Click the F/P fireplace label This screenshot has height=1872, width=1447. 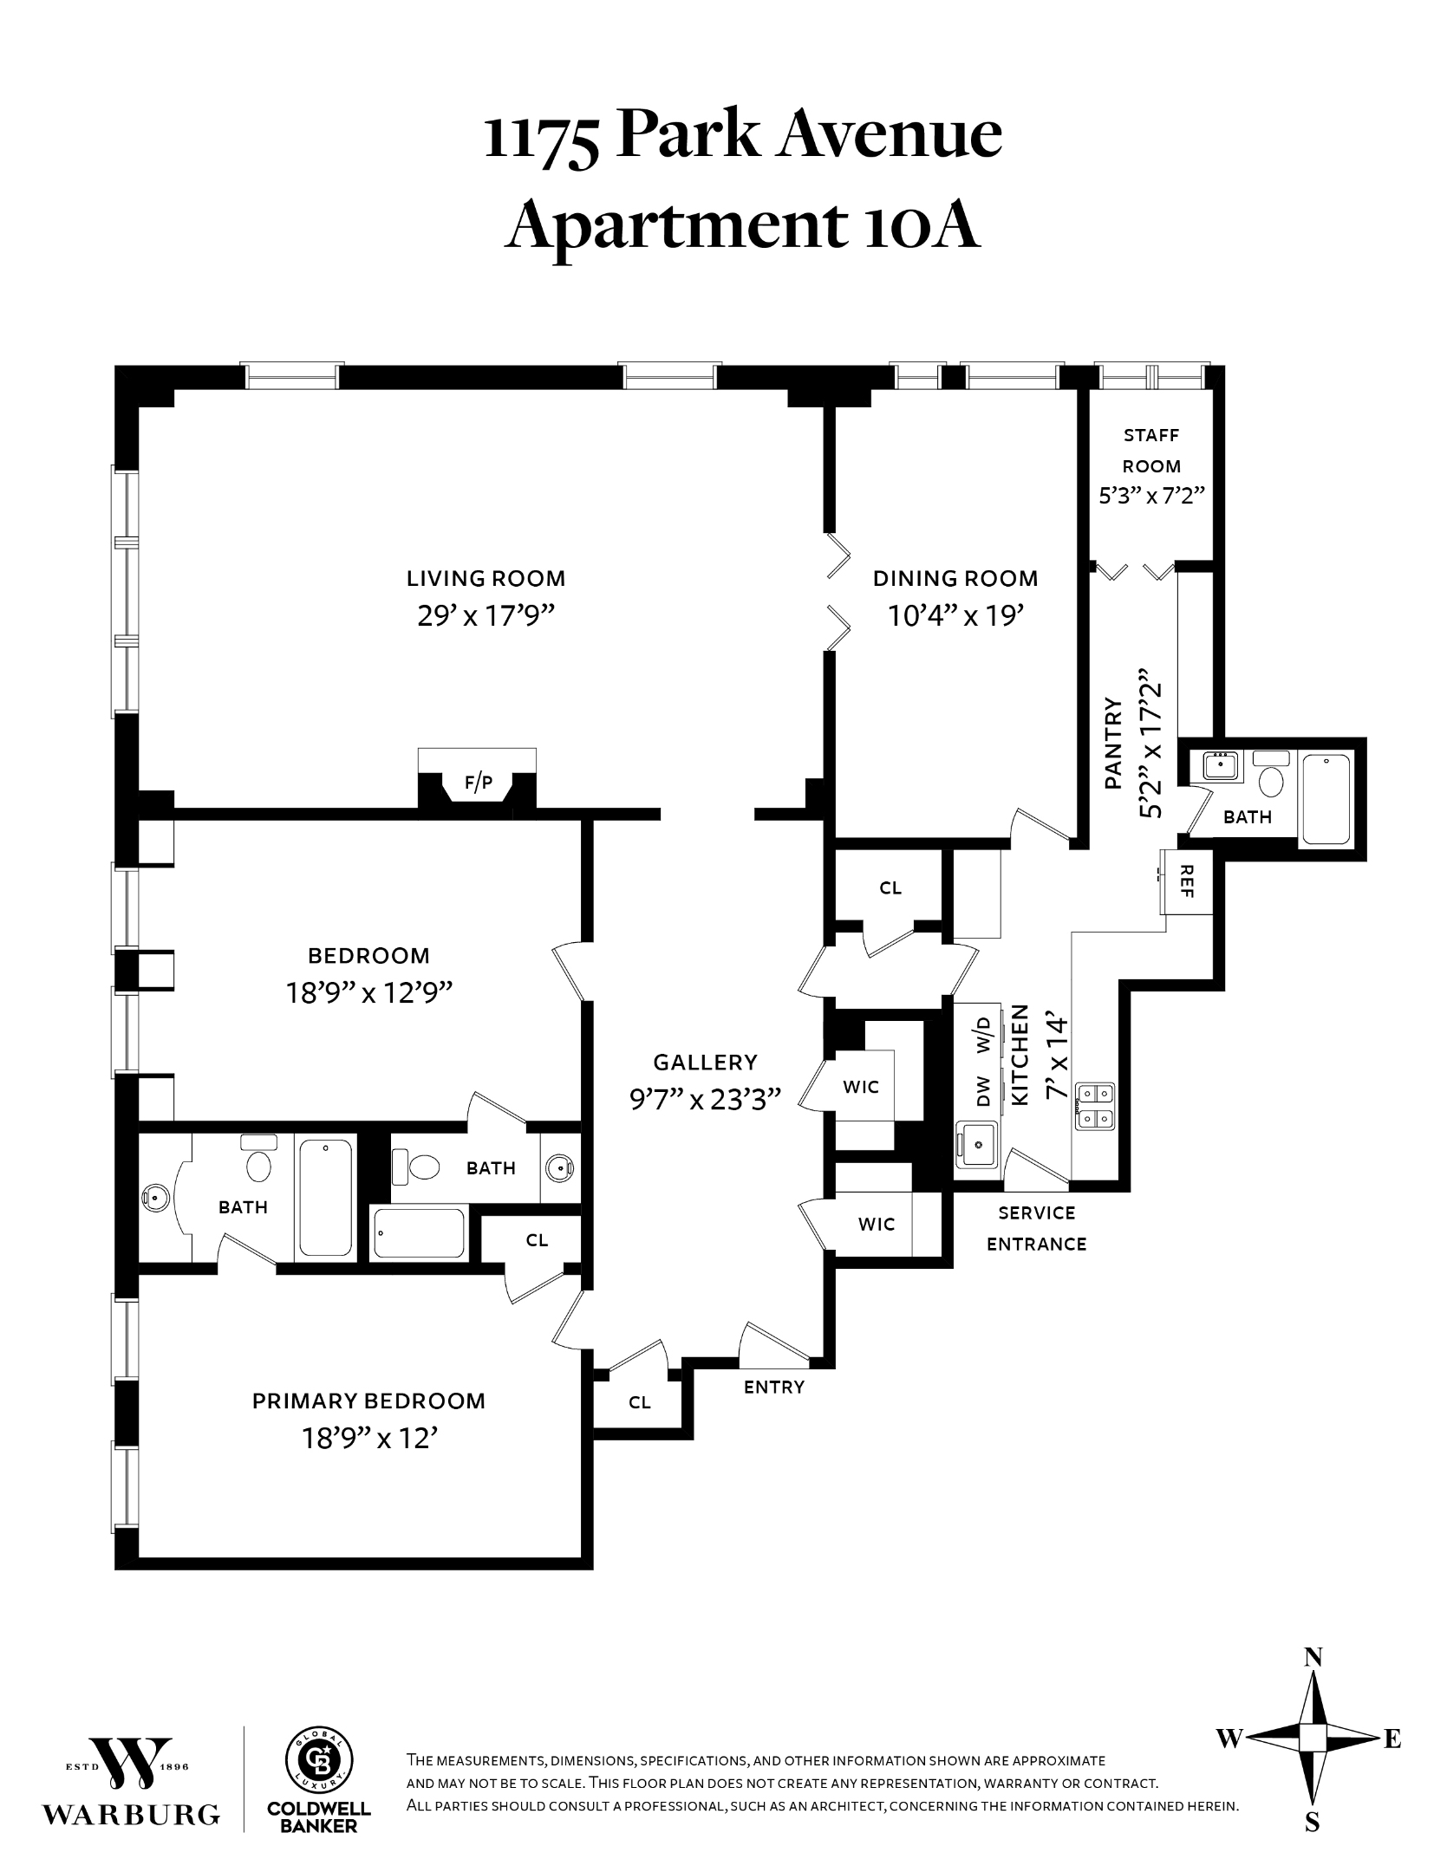478,783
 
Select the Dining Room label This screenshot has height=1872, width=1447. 955,578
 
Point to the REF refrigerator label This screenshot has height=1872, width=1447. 1187,881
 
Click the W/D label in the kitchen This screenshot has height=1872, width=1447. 983,1034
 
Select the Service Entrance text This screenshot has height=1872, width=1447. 1036,1228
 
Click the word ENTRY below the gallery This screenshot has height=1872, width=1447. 773,1387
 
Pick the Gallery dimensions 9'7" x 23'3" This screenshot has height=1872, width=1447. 705,1100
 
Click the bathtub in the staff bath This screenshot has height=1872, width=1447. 1326,799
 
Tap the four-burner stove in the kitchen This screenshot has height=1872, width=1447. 1095,1107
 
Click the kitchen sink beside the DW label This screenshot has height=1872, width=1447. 978,1145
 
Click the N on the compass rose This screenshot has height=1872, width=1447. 1313,1658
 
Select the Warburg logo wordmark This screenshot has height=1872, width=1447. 132,1814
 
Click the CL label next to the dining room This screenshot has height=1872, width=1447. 890,888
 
